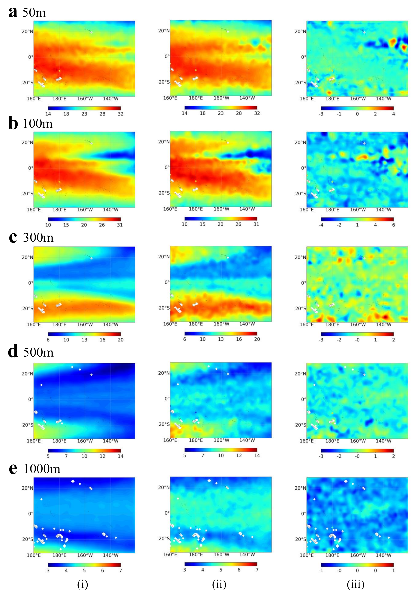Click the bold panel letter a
[13, 12]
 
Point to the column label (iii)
[356, 584]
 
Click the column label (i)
[83, 584]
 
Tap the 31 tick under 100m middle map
[256, 224]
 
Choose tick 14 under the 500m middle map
[257, 455]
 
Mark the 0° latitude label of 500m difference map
[303, 399]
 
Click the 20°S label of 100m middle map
[164, 193]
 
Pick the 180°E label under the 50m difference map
[332, 99]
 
